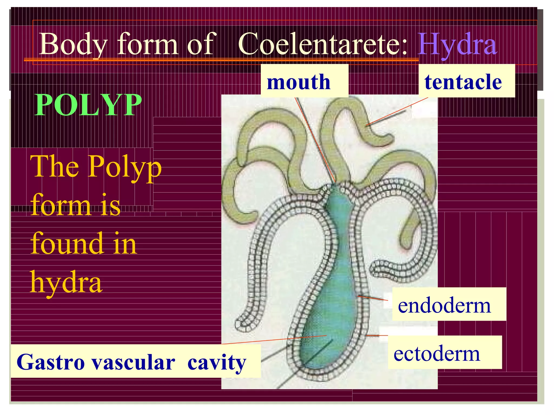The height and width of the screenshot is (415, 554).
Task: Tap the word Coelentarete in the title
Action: pyautogui.click(x=322, y=44)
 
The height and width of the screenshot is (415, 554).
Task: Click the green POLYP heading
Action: pyautogui.click(x=88, y=105)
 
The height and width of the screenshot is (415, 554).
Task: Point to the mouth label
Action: pyautogui.click(x=299, y=82)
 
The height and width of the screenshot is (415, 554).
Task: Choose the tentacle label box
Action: pyautogui.click(x=463, y=82)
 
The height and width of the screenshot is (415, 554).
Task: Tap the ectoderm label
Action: pyautogui.click(x=437, y=354)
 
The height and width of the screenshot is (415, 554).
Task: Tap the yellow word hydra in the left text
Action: pyautogui.click(x=66, y=283)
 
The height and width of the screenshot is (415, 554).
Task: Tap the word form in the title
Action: pyautogui.click(x=148, y=44)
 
